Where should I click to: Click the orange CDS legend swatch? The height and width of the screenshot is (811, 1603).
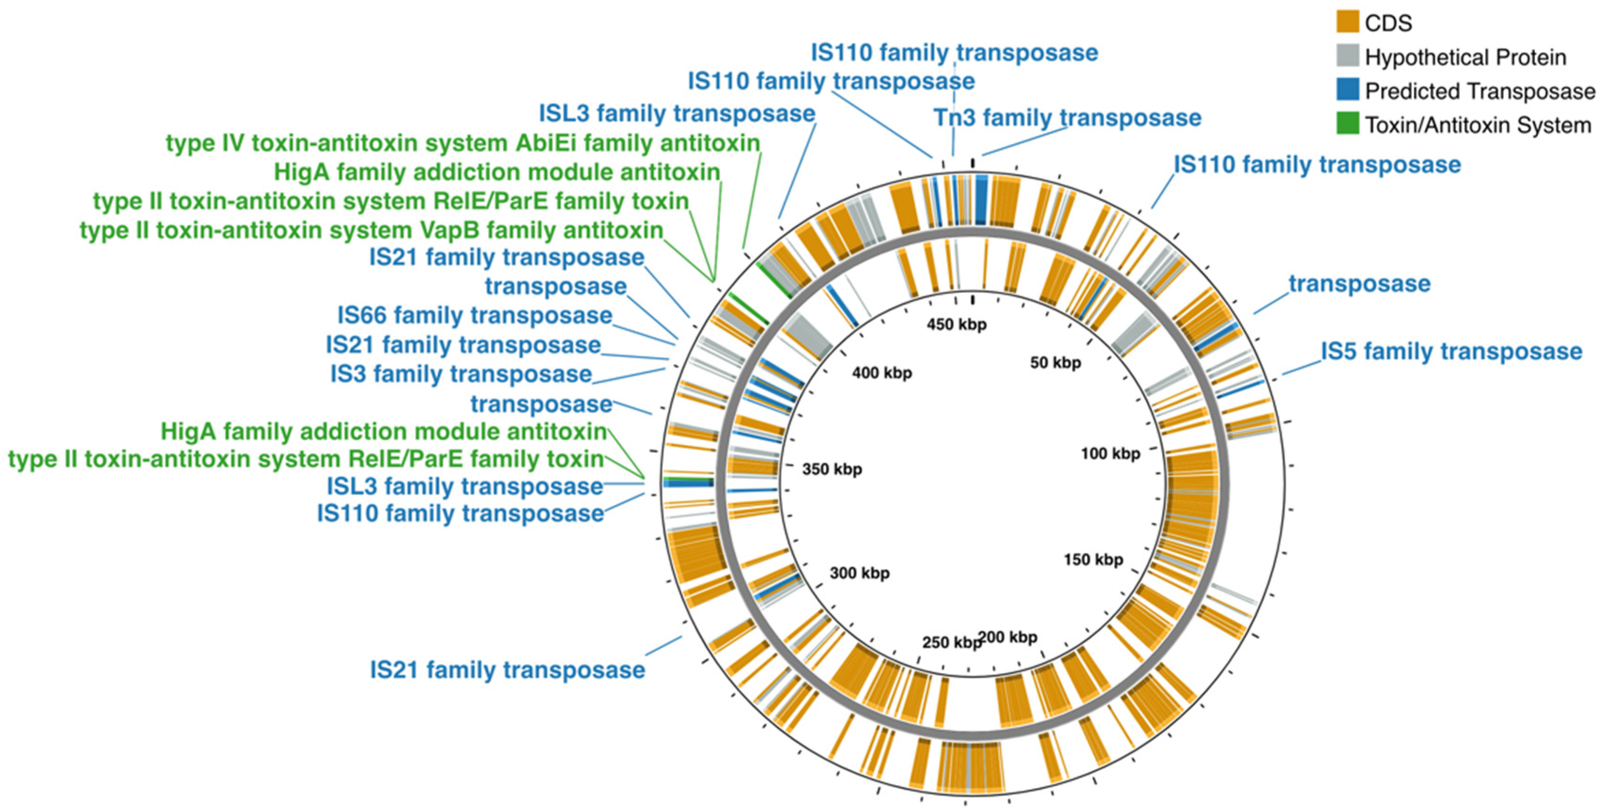click(x=1347, y=23)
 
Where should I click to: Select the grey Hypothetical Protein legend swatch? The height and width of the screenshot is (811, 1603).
click(x=1347, y=57)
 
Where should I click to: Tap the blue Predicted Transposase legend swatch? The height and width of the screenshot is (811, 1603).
click(x=1347, y=91)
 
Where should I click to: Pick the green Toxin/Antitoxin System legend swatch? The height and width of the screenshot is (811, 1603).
click(x=1347, y=125)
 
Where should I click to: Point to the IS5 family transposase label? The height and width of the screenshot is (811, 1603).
click(x=1451, y=351)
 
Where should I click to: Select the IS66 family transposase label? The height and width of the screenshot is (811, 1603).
click(x=474, y=315)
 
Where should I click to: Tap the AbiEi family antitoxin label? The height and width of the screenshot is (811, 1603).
click(x=462, y=143)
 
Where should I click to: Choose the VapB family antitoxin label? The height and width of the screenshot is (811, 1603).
click(x=371, y=230)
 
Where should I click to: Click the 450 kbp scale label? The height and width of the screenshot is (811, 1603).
click(x=957, y=324)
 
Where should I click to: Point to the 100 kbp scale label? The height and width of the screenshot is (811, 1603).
click(x=1110, y=453)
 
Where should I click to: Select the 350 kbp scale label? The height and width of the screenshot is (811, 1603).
click(x=832, y=469)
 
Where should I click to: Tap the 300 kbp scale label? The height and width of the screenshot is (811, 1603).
click(x=859, y=572)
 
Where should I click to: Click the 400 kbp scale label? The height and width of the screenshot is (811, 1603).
click(x=882, y=373)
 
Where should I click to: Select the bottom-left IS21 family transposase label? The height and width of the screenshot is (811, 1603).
click(x=507, y=670)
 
